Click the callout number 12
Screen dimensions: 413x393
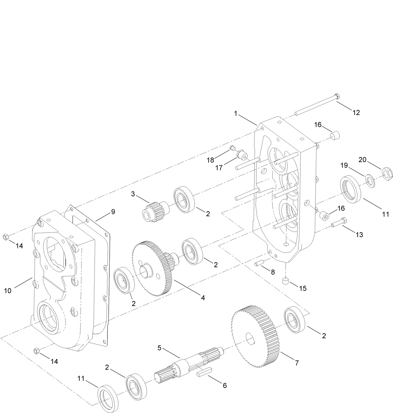pyautogui.click(x=356, y=113)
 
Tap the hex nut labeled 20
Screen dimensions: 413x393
pyautogui.click(x=387, y=173)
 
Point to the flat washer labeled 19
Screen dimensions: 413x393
pyautogui.click(x=370, y=181)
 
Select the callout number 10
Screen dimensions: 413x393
pyautogui.click(x=7, y=291)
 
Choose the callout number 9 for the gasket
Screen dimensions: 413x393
pyautogui.click(x=113, y=212)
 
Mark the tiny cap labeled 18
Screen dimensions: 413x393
pyautogui.click(x=232, y=148)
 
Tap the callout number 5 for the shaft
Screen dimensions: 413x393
pyautogui.click(x=159, y=348)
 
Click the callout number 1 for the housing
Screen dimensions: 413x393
pyautogui.click(x=236, y=114)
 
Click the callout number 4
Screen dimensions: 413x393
pyautogui.click(x=203, y=298)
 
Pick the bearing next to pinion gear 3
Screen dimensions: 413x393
pyautogui.click(x=184, y=199)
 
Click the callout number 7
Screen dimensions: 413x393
pyautogui.click(x=296, y=363)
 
